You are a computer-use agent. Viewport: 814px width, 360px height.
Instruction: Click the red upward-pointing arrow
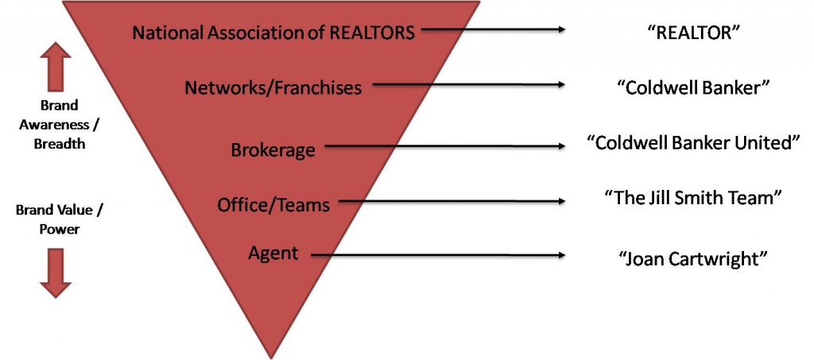(56, 67)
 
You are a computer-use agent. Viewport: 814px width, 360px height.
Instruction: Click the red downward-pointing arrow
(56, 273)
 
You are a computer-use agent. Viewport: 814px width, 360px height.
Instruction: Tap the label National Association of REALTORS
(273, 33)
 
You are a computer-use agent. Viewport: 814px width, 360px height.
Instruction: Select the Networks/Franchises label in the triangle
(273, 87)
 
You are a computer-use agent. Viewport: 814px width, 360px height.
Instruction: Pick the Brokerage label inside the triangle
(273, 150)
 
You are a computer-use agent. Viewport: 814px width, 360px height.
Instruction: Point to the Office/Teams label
(273, 205)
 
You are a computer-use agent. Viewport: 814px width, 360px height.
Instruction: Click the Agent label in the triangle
(273, 254)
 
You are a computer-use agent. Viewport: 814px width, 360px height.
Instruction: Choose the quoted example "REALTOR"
(692, 33)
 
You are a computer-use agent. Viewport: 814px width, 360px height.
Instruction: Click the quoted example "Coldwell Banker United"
(692, 143)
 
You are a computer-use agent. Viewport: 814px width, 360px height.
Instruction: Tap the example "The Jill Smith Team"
(692, 198)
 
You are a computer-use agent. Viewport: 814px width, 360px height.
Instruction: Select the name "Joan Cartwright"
(692, 258)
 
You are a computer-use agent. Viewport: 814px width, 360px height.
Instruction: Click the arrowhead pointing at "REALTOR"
(561, 29)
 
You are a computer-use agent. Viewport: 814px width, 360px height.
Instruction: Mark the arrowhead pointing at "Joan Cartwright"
(561, 254)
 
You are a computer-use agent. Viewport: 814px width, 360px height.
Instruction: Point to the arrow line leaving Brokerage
(445, 147)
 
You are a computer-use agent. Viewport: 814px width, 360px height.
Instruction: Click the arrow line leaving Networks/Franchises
(469, 84)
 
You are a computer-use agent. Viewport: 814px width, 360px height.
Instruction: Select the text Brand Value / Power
(59, 219)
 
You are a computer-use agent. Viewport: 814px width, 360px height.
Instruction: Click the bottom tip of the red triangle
(270, 358)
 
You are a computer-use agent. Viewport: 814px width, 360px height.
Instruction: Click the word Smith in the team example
(697, 198)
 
